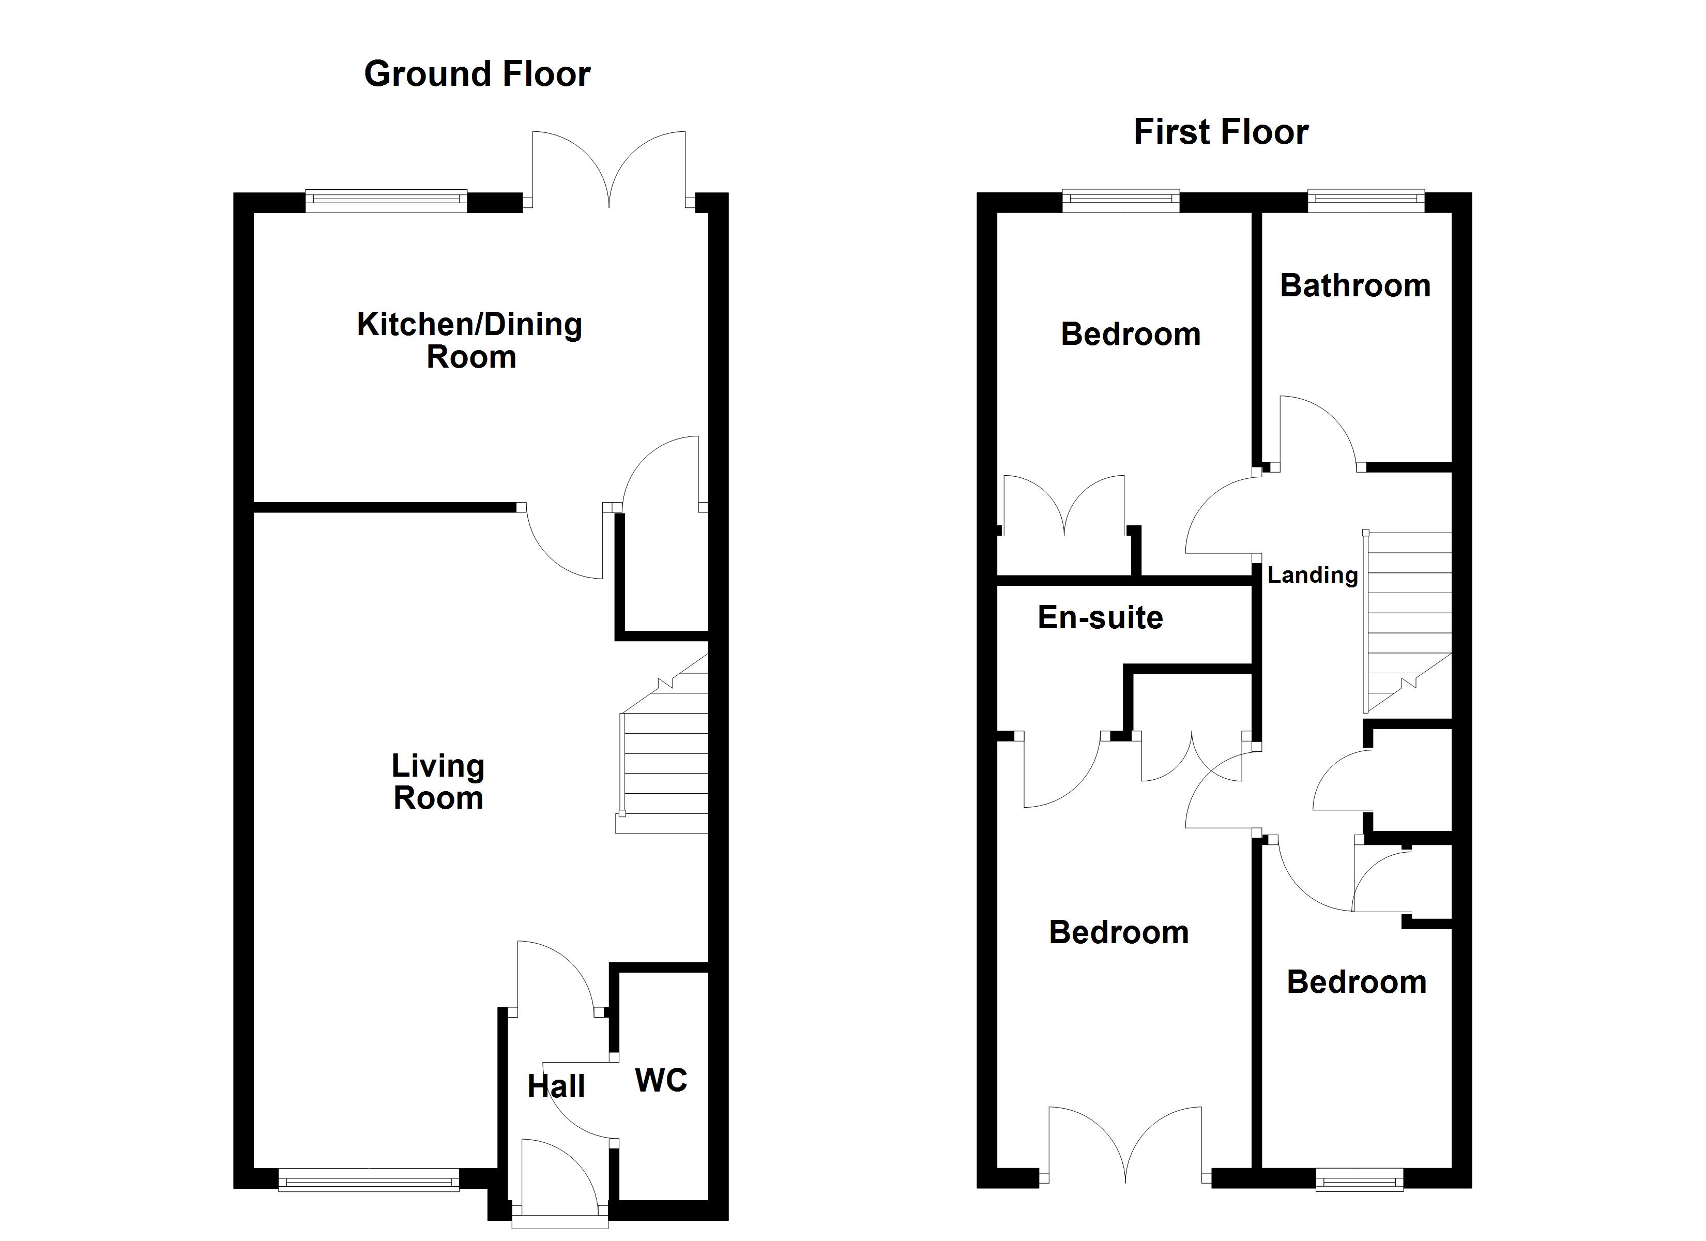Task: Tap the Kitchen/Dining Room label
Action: pyautogui.click(x=469, y=340)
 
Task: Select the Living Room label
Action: pyautogui.click(x=438, y=782)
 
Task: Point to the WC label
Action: pyautogui.click(x=661, y=1080)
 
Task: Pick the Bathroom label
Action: pyautogui.click(x=1355, y=286)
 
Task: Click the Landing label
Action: pyautogui.click(x=1312, y=575)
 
